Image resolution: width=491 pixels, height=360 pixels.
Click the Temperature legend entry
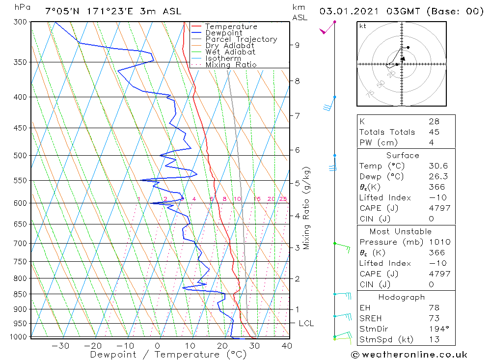tap(231, 27)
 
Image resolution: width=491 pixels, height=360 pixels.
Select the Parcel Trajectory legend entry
tap(241, 39)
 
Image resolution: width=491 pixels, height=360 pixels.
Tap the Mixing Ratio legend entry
tap(231, 64)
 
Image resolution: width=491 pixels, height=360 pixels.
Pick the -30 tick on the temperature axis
tap(60, 346)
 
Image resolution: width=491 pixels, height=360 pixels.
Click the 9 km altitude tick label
tap(297, 45)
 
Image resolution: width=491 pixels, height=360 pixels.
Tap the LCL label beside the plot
tap(306, 323)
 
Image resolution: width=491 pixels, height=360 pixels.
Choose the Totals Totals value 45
tap(434, 132)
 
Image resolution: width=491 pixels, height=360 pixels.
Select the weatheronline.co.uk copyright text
tap(409, 355)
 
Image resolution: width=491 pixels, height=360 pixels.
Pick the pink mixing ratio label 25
tap(283, 199)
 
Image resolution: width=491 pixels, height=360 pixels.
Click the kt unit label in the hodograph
tap(362, 26)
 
